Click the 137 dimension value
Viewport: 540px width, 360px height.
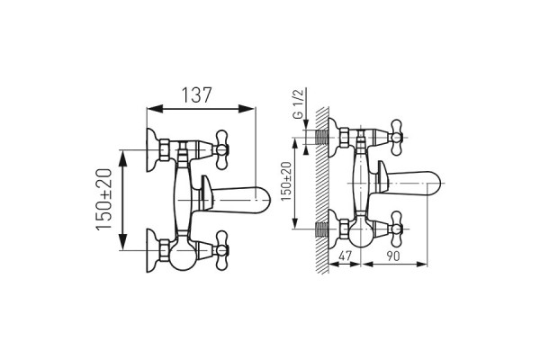click(x=196, y=95)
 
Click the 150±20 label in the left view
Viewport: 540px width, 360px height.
click(x=104, y=200)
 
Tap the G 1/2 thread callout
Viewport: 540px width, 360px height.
click(x=298, y=104)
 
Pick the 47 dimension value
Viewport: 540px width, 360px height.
click(x=346, y=256)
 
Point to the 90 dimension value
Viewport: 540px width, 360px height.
click(x=393, y=256)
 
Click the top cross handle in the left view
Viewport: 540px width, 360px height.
click(x=221, y=149)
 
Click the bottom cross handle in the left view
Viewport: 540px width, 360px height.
click(x=221, y=250)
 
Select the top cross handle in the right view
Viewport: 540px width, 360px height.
click(x=396, y=138)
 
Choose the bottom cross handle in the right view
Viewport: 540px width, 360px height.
click(x=396, y=229)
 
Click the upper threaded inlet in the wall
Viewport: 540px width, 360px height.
click(x=321, y=138)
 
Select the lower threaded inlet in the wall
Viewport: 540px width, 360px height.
click(x=321, y=229)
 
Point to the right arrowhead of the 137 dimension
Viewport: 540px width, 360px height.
click(x=247, y=109)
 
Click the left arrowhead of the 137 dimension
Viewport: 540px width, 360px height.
click(x=155, y=109)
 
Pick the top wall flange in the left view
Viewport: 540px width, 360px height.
click(x=154, y=150)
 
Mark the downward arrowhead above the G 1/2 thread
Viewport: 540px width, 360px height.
click(x=306, y=125)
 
